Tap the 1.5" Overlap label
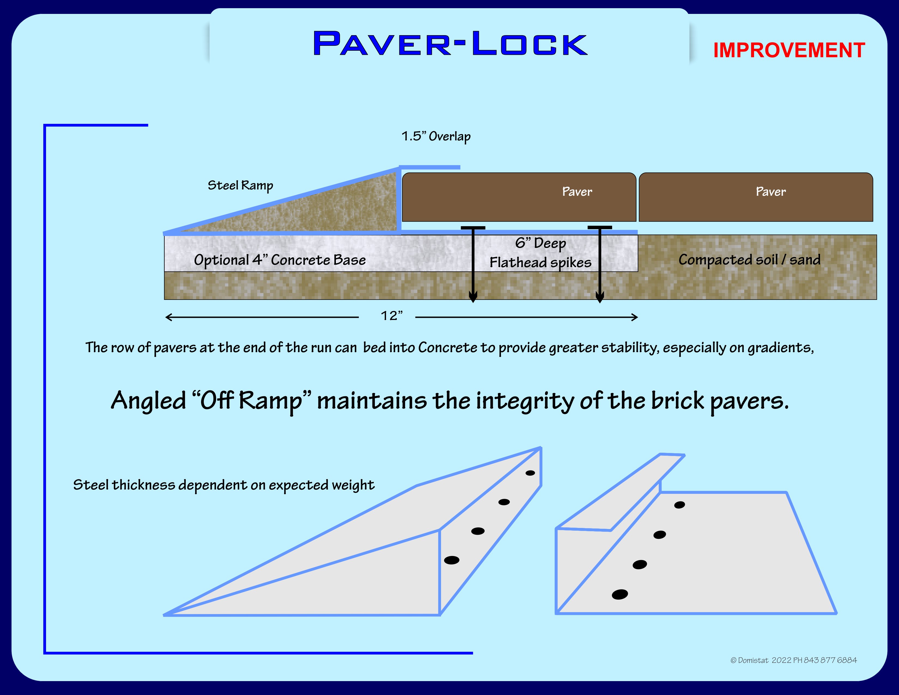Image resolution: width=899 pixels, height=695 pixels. (x=436, y=136)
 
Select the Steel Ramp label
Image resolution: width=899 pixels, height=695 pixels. (x=240, y=185)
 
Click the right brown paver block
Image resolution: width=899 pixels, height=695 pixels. (x=755, y=197)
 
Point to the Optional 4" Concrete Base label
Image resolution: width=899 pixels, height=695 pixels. (x=280, y=260)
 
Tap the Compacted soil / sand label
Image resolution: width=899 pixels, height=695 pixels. (x=749, y=259)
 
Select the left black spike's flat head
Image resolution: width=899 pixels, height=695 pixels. (x=473, y=228)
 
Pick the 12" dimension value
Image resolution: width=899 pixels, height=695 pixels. (x=391, y=316)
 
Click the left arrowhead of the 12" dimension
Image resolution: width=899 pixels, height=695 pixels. (x=168, y=317)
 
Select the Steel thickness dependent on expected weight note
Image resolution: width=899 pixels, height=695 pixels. (x=223, y=485)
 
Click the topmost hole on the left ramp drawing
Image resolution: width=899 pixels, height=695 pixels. (x=530, y=473)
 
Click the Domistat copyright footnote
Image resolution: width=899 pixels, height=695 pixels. (x=793, y=660)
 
